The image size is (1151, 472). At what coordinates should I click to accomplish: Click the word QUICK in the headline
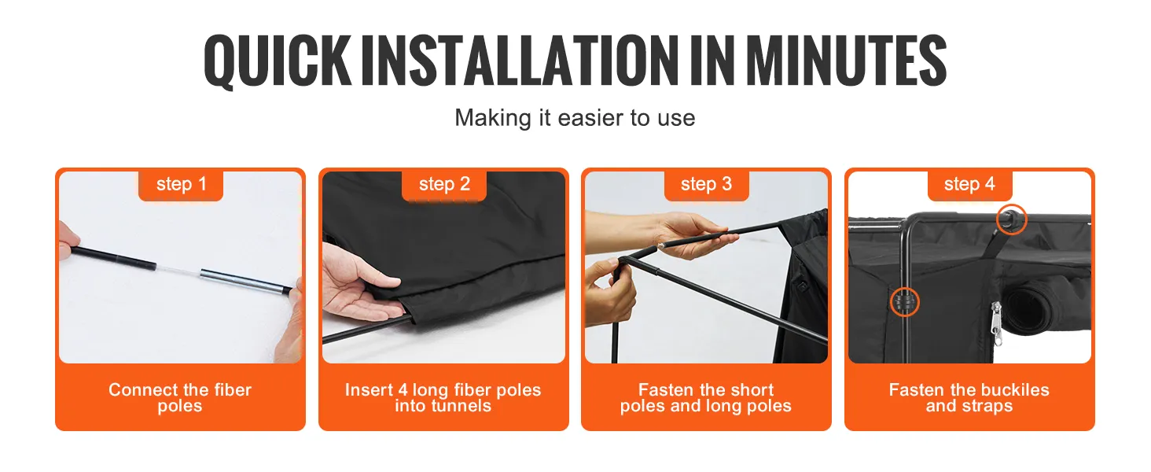[x=278, y=61]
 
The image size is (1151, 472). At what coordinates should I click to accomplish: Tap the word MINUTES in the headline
[x=846, y=61]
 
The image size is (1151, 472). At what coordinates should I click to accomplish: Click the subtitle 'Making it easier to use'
[x=575, y=118]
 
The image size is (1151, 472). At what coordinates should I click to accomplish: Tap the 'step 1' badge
[x=181, y=185]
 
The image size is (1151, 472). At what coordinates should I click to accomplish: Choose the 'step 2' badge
[x=444, y=185]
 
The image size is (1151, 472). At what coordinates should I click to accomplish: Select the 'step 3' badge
[x=707, y=185]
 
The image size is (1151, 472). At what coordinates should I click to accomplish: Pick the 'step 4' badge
[x=969, y=185]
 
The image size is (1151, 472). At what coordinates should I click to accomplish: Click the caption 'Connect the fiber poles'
[x=180, y=397]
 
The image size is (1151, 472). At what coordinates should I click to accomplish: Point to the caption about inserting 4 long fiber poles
[x=443, y=397]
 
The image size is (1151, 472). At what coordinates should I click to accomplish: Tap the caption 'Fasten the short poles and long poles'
[x=705, y=397]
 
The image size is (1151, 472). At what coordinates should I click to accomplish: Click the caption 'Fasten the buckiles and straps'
[x=969, y=397]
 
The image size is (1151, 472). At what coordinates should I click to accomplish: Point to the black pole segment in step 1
[x=113, y=257]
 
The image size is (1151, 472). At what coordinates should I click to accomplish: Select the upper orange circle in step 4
[x=1011, y=219]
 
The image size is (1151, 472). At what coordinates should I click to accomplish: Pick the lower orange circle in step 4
[x=904, y=302]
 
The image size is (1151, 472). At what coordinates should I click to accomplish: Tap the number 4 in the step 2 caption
[x=403, y=390]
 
